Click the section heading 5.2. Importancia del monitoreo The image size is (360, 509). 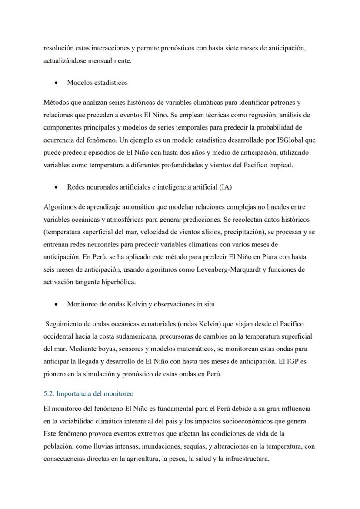(x=88, y=393)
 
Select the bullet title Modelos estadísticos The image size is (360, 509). (x=97, y=82)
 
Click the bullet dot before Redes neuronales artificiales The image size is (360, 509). (x=56, y=187)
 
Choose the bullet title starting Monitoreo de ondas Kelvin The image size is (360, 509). (x=140, y=304)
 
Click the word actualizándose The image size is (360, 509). (x=65, y=61)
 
